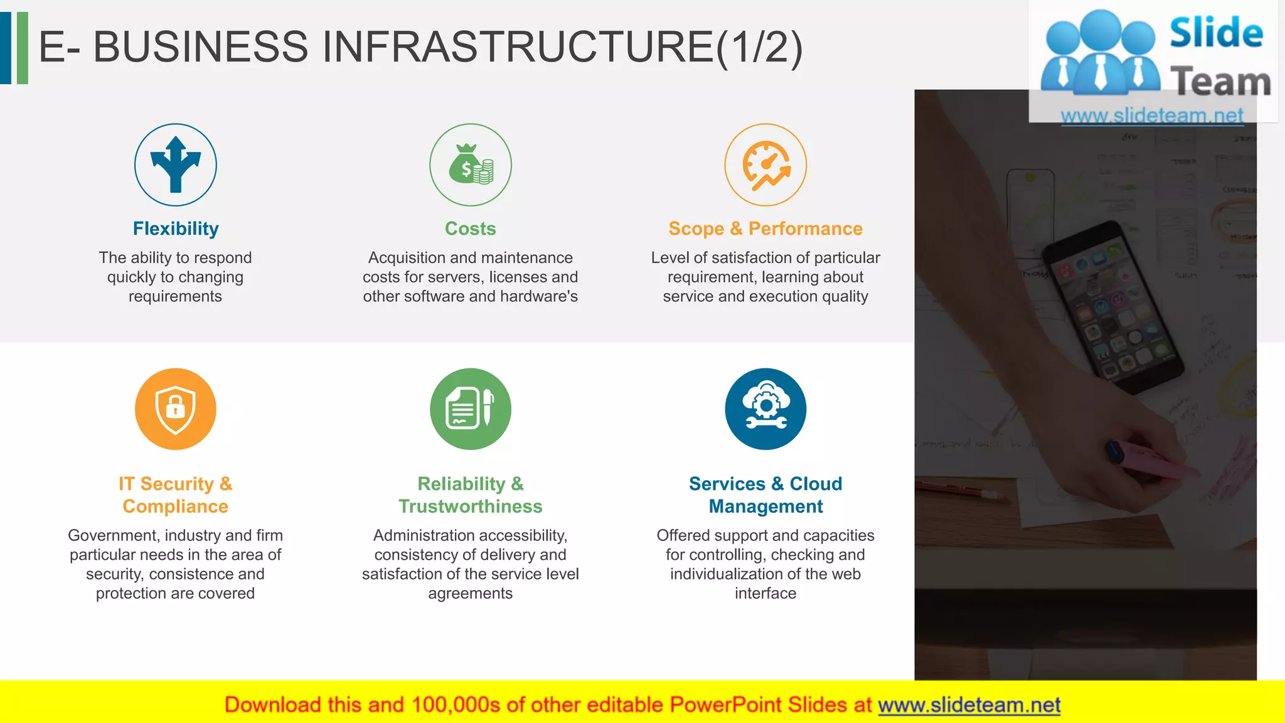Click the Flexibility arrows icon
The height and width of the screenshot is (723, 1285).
[x=176, y=164]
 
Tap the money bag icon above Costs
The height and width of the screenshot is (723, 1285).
[x=471, y=164]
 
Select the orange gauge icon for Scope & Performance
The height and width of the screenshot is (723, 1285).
[x=765, y=164]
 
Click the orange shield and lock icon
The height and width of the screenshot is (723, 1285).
[x=176, y=409]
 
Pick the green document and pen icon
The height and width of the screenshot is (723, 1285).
[x=471, y=409]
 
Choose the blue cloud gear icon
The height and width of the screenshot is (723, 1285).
[x=765, y=409]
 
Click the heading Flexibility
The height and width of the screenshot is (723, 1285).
[x=176, y=228]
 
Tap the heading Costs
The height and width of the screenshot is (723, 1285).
[x=471, y=228]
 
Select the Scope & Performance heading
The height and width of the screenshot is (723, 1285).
[x=765, y=228]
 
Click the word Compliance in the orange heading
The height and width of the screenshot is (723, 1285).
[x=176, y=506]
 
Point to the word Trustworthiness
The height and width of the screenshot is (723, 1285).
[x=471, y=506]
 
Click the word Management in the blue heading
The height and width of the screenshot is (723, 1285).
[x=765, y=506]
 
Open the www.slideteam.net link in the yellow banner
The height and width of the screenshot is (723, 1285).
[x=969, y=705]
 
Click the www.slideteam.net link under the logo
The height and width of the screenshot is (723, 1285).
[x=1152, y=115]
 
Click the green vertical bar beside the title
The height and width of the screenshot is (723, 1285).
[x=23, y=48]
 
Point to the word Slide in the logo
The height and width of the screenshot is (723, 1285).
[x=1216, y=33]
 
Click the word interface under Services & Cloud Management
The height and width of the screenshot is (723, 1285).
[x=765, y=593]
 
